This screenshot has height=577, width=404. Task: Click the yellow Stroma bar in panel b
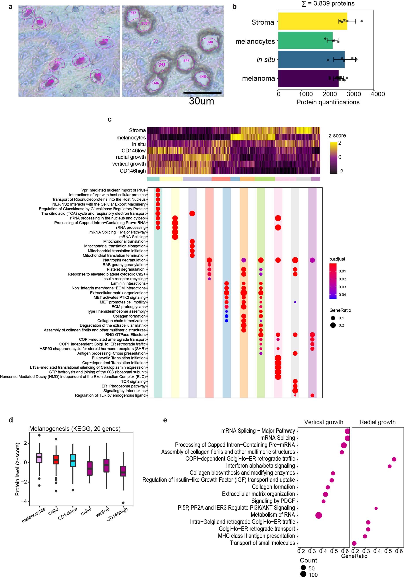pos(312,21)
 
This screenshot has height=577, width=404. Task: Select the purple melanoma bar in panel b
pos(308,79)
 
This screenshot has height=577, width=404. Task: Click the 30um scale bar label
pos(201,101)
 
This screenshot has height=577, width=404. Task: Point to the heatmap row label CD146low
pos(133,151)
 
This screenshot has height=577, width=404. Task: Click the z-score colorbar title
pos(337,136)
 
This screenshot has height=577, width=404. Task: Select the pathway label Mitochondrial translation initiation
pos(117,251)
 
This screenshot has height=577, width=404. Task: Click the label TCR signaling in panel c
pos(133,382)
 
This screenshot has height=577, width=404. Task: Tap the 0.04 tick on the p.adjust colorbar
pos(342,295)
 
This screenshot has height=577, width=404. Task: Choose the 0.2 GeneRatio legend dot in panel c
pos(333,325)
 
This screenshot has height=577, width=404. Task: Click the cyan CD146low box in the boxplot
pos(73,461)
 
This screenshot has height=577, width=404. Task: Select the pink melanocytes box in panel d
pos(39,458)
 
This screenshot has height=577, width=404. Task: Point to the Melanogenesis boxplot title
pos(75,429)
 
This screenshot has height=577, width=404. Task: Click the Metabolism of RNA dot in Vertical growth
pos(318,515)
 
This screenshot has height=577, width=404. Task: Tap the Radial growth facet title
pos(377,422)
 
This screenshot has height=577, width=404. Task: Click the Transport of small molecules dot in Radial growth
pos(354,543)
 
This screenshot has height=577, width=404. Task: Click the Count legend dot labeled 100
pos(303,574)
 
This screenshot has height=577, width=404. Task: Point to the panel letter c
pos(109,119)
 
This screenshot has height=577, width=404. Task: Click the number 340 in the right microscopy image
pos(210,42)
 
